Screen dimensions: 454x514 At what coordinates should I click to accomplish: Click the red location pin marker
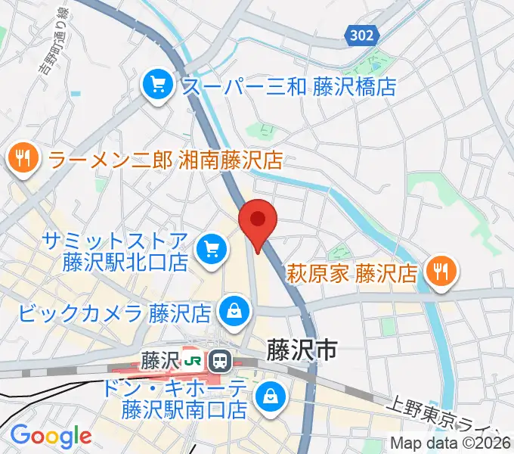pos(258,221)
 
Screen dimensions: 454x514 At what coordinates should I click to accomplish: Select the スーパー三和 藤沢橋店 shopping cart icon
pos(158,85)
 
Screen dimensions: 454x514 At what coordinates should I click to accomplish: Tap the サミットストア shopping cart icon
pos(212,250)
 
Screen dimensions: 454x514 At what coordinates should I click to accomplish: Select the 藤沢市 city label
pos(301,348)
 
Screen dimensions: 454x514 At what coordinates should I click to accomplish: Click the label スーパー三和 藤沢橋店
pos(289,86)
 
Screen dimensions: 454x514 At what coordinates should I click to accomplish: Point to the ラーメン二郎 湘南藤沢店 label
pos(166,159)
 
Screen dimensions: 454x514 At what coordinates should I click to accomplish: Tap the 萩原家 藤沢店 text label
pos(351,271)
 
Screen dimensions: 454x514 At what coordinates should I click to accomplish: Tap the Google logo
pos(51,436)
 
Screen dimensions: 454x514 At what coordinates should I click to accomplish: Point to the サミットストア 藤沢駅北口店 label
pos(115,251)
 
